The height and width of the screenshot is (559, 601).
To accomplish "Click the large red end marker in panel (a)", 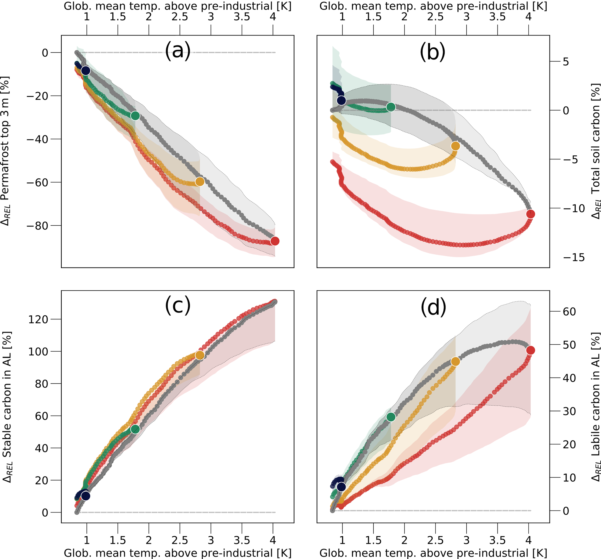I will pyautogui.click(x=274, y=241).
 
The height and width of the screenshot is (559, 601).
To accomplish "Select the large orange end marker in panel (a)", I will pyautogui.click(x=199, y=181).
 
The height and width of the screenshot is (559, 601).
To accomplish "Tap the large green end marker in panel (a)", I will pyautogui.click(x=135, y=115).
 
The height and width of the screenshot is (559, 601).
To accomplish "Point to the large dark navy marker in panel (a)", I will pyautogui.click(x=86, y=71).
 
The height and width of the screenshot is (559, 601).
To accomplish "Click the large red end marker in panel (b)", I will pyautogui.click(x=530, y=214).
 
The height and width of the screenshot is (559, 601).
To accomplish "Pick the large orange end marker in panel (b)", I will pyautogui.click(x=455, y=146).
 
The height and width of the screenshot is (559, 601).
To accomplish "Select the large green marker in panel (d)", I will pyautogui.click(x=391, y=417).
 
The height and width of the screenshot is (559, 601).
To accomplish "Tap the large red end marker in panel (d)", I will pyautogui.click(x=530, y=350).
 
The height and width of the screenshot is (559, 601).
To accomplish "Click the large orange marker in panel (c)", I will pyautogui.click(x=199, y=355).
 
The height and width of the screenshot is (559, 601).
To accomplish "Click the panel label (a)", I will pyautogui.click(x=178, y=51).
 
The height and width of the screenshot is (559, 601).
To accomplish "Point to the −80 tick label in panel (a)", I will pyautogui.click(x=37, y=226).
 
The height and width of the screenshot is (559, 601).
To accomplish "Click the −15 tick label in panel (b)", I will pyautogui.click(x=574, y=257).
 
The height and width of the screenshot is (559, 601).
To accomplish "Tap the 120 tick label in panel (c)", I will pyautogui.click(x=38, y=319).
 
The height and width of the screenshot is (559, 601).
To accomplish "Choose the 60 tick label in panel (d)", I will pyautogui.click(x=569, y=311).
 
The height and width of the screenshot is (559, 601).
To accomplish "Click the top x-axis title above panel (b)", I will pyautogui.click(x=433, y=6).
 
